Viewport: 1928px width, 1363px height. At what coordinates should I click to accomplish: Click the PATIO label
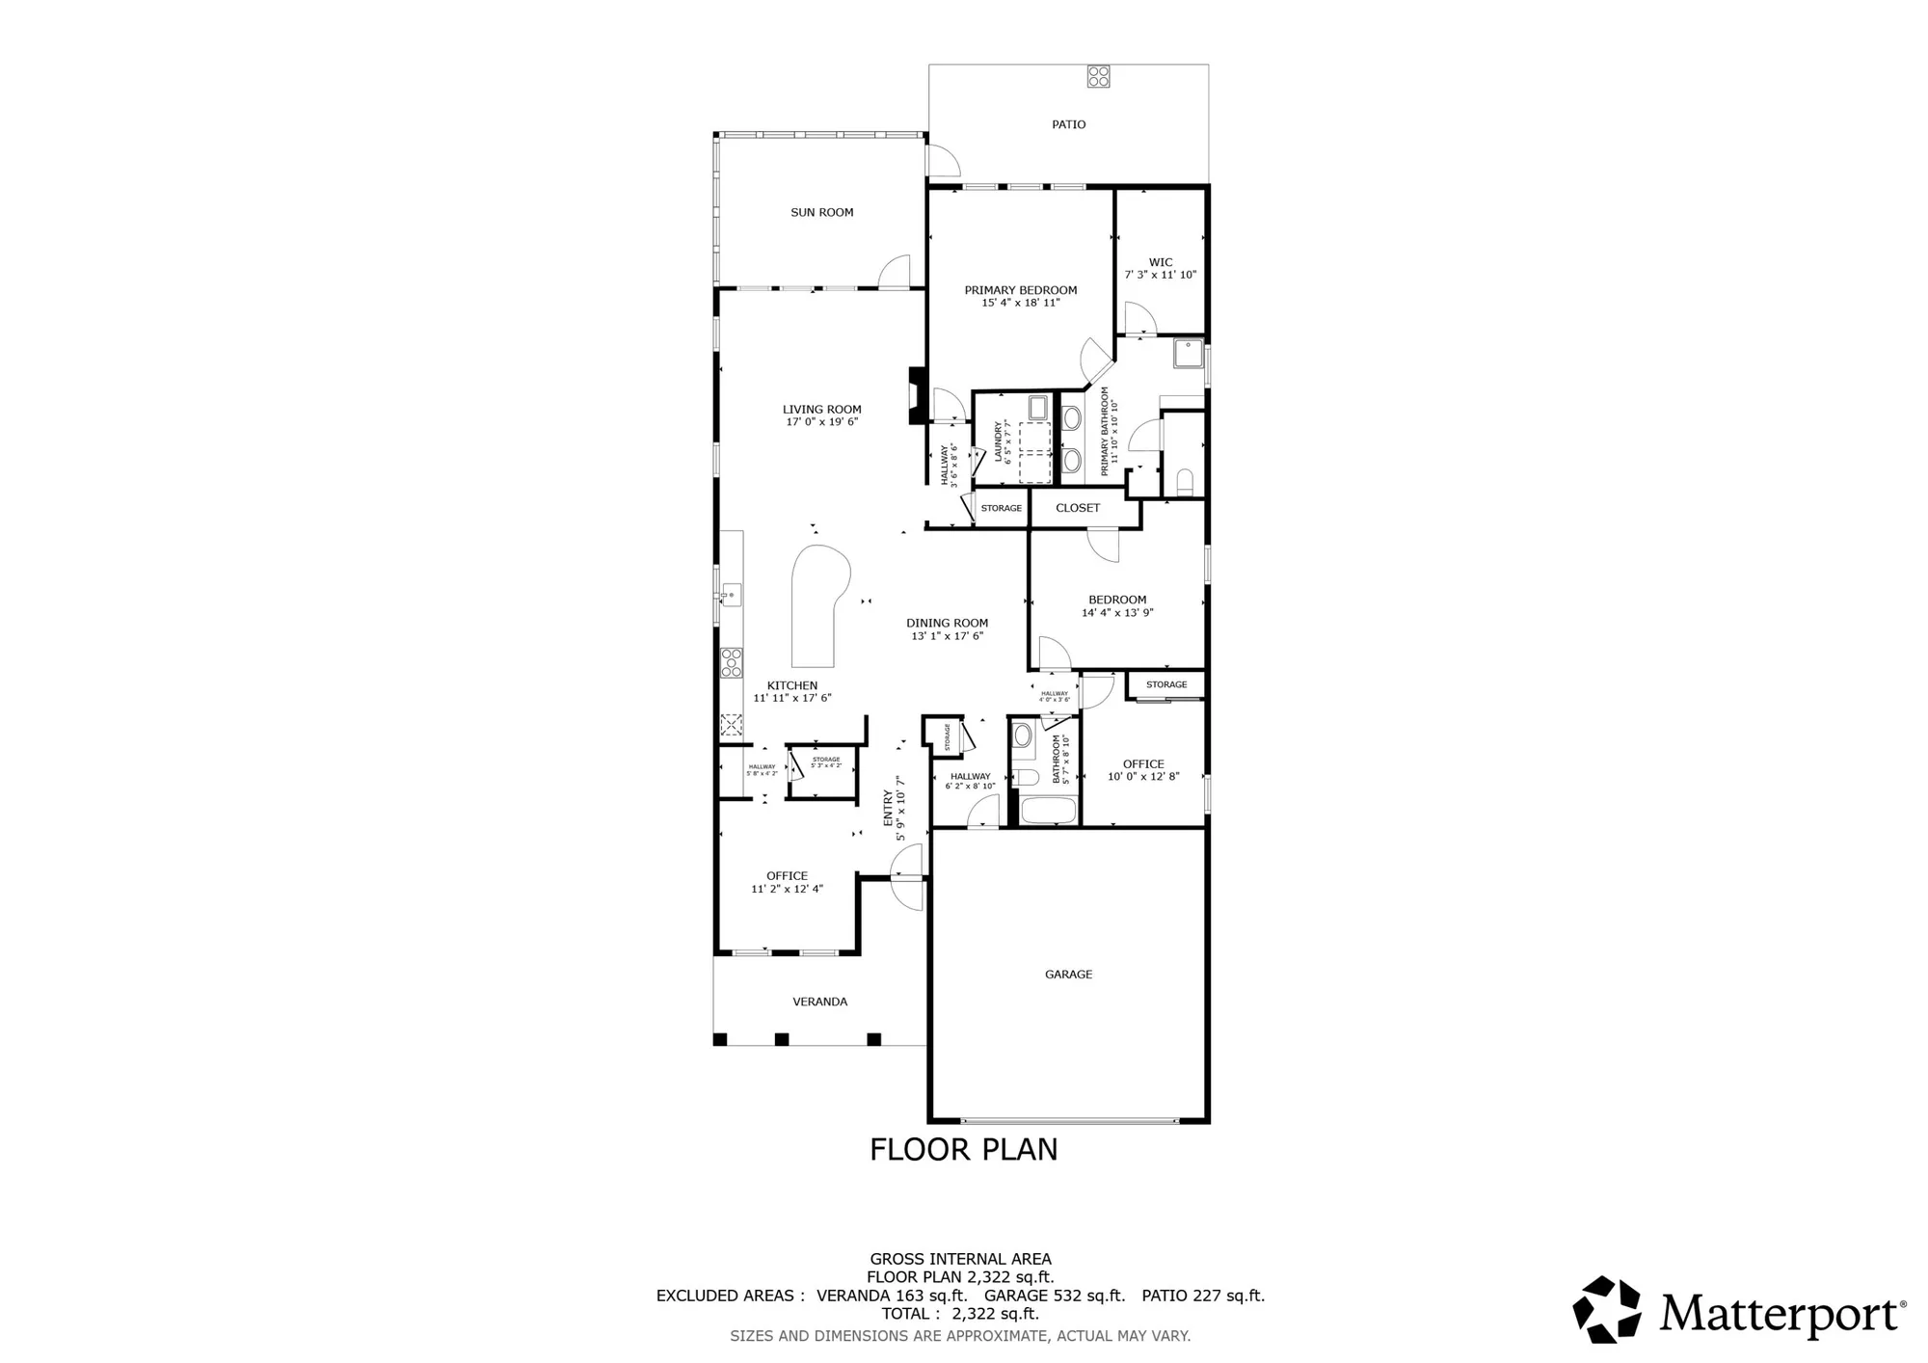click(1068, 124)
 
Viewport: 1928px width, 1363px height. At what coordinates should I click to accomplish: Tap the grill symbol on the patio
click(1098, 76)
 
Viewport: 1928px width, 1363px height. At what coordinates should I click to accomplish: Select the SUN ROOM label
click(821, 212)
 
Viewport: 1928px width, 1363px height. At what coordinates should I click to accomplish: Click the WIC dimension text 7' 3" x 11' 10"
click(1161, 275)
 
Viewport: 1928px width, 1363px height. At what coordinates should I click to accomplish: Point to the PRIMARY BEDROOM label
click(1020, 290)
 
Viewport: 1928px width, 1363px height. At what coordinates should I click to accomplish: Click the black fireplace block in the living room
click(917, 395)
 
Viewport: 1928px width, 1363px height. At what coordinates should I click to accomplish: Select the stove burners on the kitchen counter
click(732, 662)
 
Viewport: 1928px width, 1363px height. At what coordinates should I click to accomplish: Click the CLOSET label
click(1077, 508)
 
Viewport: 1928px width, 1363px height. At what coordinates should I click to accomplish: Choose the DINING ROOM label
click(947, 623)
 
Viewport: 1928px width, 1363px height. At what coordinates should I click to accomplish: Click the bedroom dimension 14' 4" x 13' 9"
click(1117, 612)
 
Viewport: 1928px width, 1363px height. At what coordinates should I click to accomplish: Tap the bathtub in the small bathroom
click(1048, 810)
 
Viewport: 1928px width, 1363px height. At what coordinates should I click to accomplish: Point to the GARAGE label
click(1068, 975)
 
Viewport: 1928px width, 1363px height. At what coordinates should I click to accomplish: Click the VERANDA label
click(819, 1002)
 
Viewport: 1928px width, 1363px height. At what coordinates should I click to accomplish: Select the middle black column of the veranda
click(782, 1039)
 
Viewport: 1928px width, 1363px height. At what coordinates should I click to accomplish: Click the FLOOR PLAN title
click(963, 1149)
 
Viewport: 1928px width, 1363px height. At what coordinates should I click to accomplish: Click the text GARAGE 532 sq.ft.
click(1054, 1296)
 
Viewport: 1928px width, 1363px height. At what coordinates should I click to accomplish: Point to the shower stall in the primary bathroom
click(1188, 354)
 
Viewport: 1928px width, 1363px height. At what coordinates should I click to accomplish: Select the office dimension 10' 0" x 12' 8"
click(1143, 777)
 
